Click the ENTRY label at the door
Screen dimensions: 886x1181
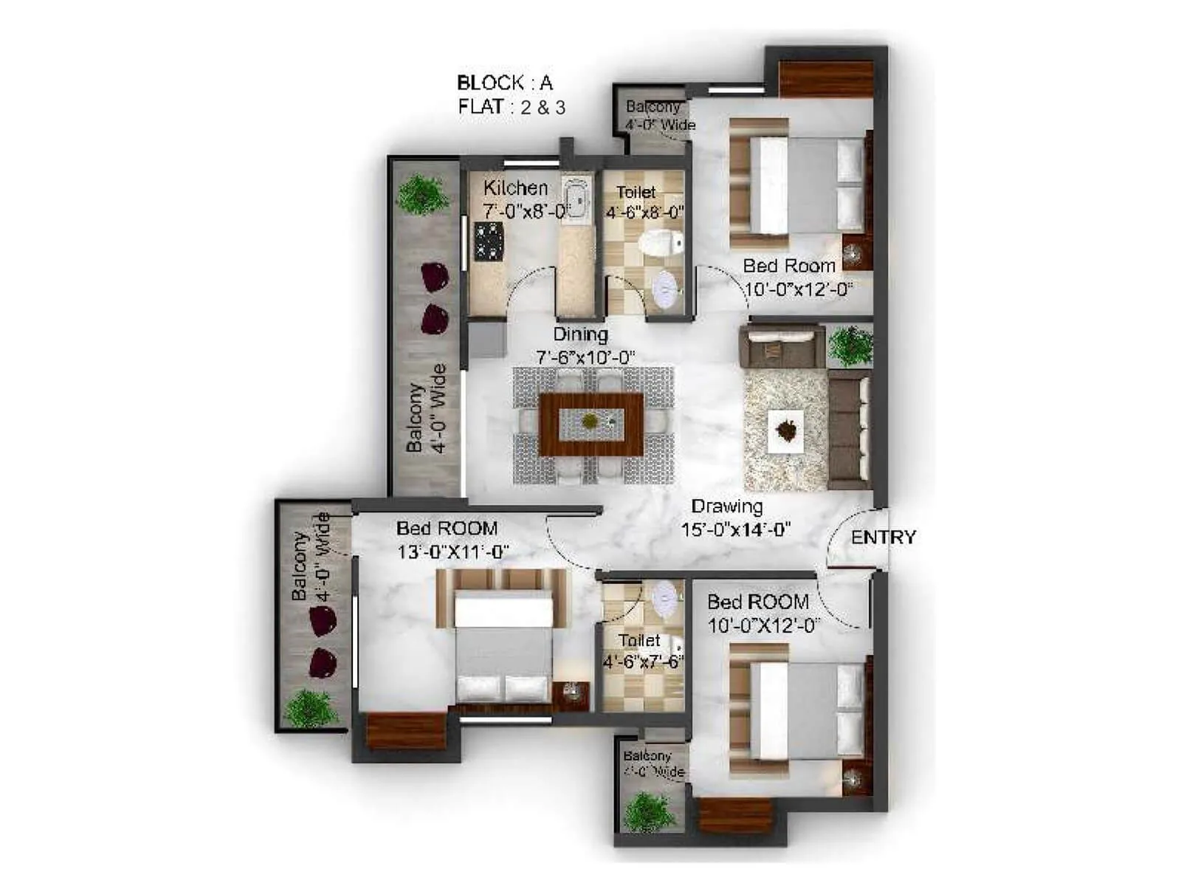883,538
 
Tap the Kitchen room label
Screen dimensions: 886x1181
515,188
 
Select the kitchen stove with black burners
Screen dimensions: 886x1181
488,241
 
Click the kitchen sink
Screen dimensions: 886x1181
576,198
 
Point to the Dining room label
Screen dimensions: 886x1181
581,334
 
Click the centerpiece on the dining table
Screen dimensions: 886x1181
590,422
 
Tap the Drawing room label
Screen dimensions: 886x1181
726,506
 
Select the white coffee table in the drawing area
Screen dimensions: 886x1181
785,431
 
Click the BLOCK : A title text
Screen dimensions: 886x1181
504,83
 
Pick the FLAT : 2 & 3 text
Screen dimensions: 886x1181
511,107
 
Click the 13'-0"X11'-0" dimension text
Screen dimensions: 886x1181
452,552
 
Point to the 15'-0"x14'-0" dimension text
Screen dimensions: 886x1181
735,530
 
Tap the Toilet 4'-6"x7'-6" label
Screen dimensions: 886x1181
641,650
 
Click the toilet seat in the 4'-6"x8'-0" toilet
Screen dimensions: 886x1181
661,243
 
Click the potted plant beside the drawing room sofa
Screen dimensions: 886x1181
850,345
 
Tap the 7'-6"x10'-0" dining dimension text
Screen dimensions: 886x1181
585,357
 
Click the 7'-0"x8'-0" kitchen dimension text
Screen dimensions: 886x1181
525,212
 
